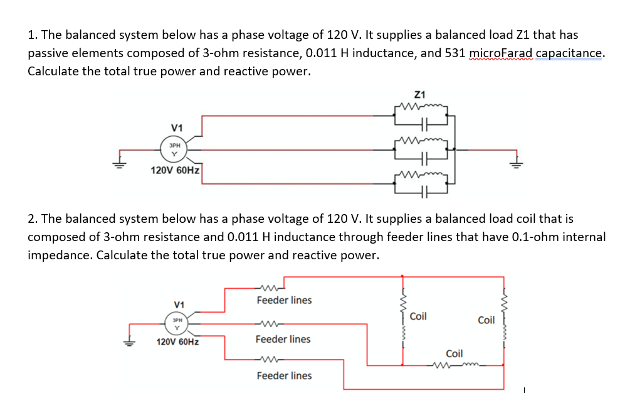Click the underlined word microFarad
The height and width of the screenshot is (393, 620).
[499, 53]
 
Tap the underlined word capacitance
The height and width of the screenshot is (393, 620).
[569, 53]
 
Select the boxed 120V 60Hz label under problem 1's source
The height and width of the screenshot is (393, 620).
[176, 170]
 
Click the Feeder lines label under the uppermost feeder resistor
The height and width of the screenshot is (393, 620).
[284, 300]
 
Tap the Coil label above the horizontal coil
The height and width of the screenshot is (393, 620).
[454, 353]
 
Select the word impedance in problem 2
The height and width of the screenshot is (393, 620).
[60, 256]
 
